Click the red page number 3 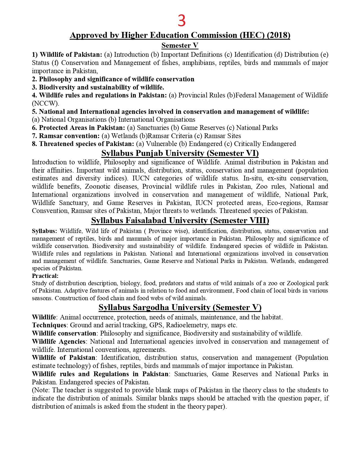[182, 21]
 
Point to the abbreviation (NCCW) [45, 103]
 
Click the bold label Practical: [45, 276]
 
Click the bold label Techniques [49, 325]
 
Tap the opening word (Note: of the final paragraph [41, 390]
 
